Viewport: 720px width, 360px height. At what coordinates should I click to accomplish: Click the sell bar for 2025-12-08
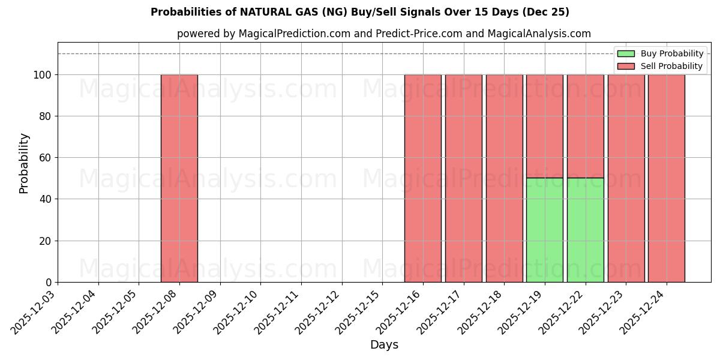[x=179, y=178]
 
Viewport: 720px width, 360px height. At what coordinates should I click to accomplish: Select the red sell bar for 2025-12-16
[x=422, y=178]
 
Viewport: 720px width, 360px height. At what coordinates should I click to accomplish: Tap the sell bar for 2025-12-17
[x=463, y=178]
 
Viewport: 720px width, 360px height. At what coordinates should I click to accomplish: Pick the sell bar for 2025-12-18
[x=504, y=178]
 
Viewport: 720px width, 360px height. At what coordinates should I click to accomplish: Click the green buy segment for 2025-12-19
[x=544, y=230]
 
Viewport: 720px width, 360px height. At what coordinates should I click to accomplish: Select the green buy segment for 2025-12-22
[x=585, y=230]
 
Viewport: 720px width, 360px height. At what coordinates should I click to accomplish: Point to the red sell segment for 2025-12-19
[x=544, y=126]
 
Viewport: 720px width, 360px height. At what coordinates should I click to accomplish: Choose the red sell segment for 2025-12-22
[x=585, y=126]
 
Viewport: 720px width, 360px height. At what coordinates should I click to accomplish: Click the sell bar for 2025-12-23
[x=626, y=178]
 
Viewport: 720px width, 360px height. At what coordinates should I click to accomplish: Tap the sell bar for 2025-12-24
[x=666, y=178]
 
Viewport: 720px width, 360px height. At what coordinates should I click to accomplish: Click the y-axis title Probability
[x=24, y=163]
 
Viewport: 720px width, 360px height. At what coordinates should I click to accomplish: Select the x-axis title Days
[x=384, y=345]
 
